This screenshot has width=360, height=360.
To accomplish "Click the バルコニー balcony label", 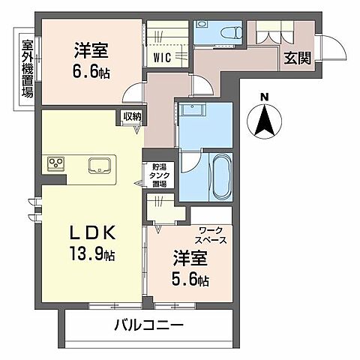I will point(149,326).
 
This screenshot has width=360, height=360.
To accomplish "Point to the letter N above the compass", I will point(263,95).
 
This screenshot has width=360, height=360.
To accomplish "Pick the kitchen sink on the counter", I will point(99,164).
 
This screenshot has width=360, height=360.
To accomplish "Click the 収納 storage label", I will point(132,116).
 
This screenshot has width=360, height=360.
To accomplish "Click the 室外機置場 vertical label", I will point(27,68).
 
